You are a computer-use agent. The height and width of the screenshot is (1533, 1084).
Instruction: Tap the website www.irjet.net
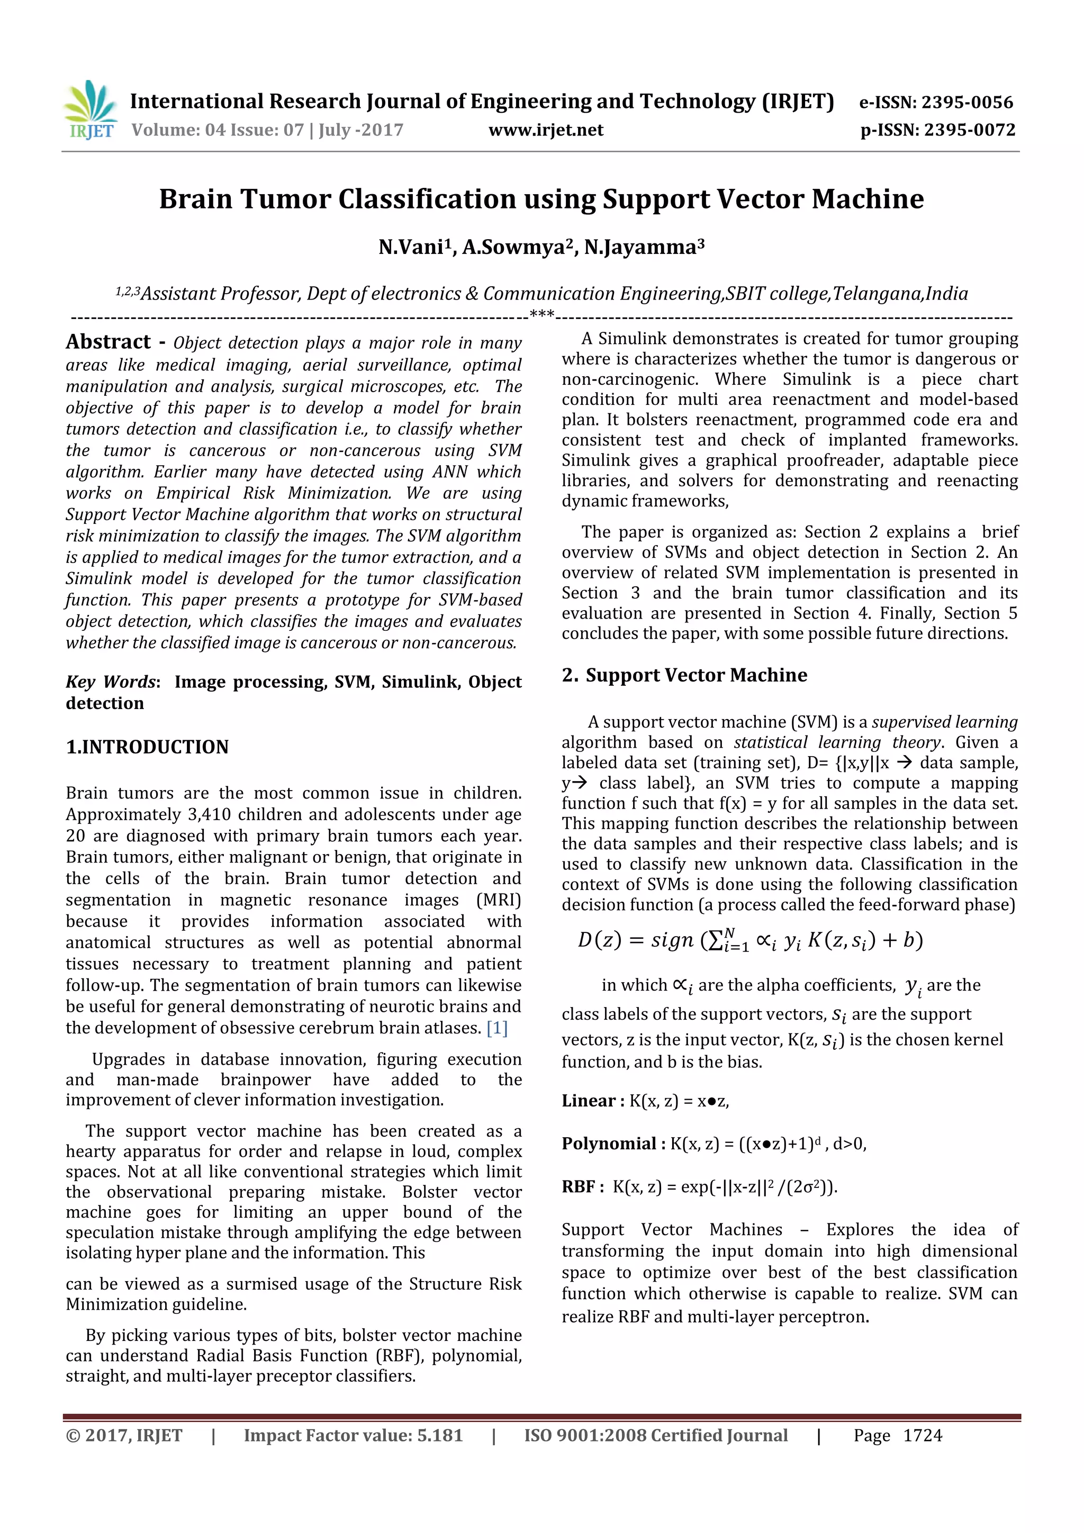click(545, 130)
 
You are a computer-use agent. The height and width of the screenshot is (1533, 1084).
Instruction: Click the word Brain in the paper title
click(195, 199)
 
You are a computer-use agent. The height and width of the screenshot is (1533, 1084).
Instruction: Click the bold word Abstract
click(108, 342)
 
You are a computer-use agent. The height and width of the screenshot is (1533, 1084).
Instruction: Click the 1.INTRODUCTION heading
click(147, 747)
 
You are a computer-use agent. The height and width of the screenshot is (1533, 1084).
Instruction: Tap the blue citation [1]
click(497, 1028)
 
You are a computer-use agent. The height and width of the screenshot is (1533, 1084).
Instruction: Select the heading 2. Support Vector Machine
click(684, 675)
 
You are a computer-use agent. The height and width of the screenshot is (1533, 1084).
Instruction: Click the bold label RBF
click(579, 1186)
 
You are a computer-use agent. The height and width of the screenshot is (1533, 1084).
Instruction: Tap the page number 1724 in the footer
click(923, 1436)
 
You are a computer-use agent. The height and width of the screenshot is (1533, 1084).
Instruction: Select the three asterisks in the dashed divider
click(541, 314)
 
